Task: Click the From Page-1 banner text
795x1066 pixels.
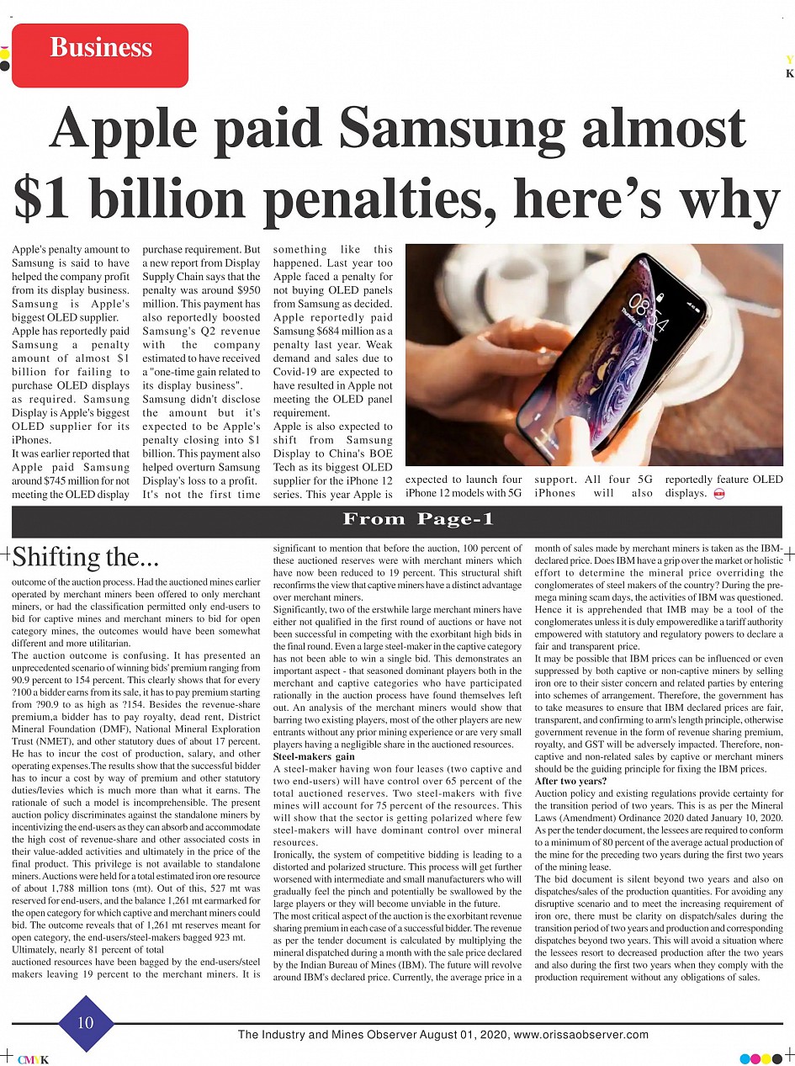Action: point(418,519)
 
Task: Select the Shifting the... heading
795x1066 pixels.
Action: point(84,556)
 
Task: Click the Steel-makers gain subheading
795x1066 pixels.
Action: point(314,756)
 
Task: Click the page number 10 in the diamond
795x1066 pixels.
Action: point(85,1023)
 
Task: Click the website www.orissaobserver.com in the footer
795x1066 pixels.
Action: point(580,1035)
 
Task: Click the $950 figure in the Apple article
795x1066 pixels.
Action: point(246,289)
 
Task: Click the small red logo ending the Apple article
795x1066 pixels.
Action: point(718,493)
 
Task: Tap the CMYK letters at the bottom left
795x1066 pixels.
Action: point(33,1058)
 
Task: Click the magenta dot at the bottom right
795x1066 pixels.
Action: point(755,1058)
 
